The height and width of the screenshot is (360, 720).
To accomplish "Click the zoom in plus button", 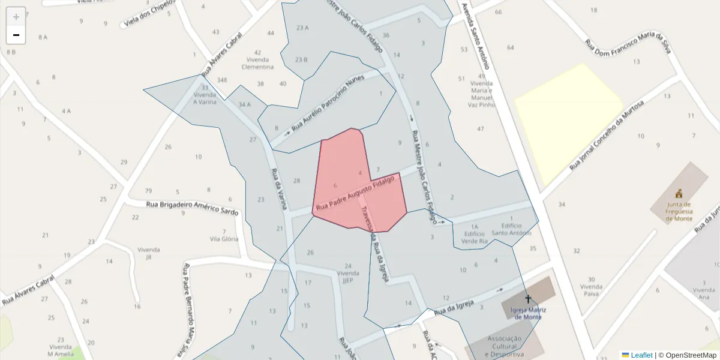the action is tap(16, 16).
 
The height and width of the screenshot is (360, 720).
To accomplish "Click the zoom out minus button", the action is tap(16, 35).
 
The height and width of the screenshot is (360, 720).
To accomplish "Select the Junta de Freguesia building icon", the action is tap(679, 194).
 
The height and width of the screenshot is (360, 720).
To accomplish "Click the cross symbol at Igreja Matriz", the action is tap(528, 299).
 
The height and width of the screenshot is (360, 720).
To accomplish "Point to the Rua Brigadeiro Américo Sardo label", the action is tap(192, 208).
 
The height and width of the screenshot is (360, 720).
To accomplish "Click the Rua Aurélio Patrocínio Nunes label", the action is tap(328, 103).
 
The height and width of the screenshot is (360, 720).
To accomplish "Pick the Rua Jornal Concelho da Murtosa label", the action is tap(606, 135).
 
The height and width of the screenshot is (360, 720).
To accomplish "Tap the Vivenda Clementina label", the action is tap(257, 63).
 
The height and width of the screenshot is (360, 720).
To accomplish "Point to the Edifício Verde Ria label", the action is tap(474, 238).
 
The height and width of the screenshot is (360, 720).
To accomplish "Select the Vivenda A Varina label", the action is tap(205, 98).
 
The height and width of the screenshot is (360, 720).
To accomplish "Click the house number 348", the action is tap(223, 80).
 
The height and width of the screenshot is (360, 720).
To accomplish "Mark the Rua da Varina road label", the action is tap(279, 189).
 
